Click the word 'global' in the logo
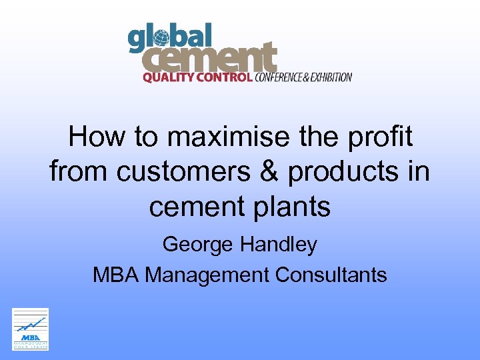[x=169, y=38]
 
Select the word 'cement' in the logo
[x=210, y=59]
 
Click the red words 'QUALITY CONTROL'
[x=197, y=77]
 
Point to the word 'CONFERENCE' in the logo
[x=282, y=77]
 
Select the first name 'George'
[x=199, y=245]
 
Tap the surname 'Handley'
[x=279, y=245]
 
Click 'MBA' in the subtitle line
[x=116, y=274]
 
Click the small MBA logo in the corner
[x=31, y=329]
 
